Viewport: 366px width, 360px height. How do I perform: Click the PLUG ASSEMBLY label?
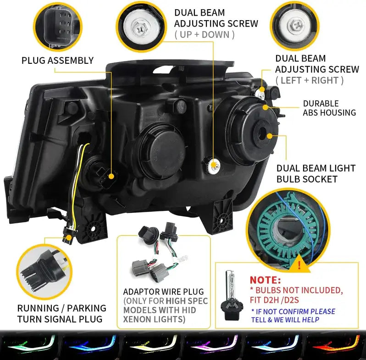[57, 60]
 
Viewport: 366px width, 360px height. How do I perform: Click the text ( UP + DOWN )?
[204, 34]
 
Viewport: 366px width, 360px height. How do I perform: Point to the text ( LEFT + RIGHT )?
[309, 80]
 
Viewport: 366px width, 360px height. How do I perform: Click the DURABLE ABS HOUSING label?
[329, 108]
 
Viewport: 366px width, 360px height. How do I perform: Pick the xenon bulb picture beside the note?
[233, 294]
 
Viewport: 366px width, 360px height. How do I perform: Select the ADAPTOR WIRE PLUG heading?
[163, 292]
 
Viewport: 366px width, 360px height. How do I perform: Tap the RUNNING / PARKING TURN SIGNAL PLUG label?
[61, 313]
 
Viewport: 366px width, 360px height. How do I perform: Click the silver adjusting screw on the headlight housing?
[212, 166]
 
